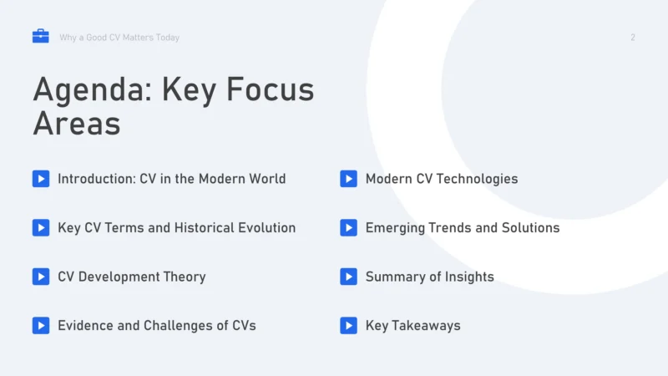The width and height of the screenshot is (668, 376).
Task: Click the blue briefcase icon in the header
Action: pos(40,37)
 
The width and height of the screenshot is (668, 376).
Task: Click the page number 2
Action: pos(633,38)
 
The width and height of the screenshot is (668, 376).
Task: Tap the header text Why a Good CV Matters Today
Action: pos(119,38)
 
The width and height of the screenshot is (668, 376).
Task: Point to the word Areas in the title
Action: pos(77,124)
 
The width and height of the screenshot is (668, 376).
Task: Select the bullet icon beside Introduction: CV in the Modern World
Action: pos(41,179)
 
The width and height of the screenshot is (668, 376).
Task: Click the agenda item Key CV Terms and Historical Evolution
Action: pos(176,227)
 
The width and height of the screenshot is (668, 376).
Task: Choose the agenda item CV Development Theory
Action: pos(131,277)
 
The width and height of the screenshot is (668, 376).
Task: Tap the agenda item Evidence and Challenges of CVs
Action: pos(156,326)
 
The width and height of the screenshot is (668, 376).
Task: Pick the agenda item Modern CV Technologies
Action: pos(441,179)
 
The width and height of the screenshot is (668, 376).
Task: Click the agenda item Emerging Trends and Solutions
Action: pos(462,227)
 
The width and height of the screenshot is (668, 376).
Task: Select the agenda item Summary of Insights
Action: pos(429,277)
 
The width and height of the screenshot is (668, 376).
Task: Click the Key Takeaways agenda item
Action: pos(412,326)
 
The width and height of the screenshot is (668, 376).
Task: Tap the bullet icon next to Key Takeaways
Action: pos(349,326)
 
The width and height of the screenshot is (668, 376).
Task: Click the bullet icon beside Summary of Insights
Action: pos(349,277)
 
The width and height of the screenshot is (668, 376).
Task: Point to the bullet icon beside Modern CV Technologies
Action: pos(349,179)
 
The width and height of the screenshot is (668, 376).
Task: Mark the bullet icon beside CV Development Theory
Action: pos(41,277)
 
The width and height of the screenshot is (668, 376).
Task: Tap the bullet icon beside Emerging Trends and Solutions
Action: pos(349,227)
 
